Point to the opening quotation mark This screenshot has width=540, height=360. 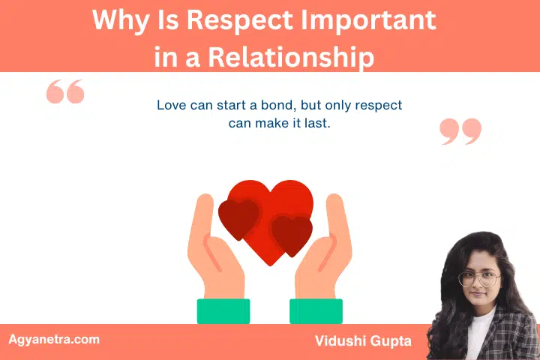[x=65, y=93]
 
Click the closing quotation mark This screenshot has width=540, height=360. [x=460, y=130]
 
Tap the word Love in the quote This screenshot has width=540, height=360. [x=171, y=105]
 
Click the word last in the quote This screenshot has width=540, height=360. [x=317, y=123]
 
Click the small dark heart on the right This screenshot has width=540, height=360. [x=292, y=234]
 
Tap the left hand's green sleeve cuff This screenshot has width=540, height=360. [x=223, y=310]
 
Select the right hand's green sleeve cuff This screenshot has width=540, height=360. [x=316, y=310]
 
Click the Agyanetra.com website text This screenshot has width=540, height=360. [x=53, y=339]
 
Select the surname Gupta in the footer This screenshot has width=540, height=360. [x=394, y=341]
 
